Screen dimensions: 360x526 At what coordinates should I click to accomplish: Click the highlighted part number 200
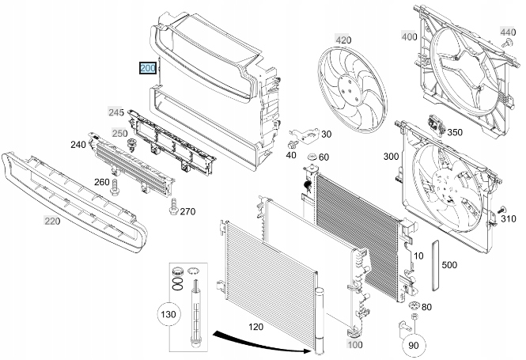(x=148, y=69)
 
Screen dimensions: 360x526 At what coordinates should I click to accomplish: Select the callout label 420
(x=343, y=40)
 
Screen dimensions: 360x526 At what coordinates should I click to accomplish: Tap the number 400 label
(x=410, y=36)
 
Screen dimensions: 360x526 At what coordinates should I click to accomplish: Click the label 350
(x=454, y=133)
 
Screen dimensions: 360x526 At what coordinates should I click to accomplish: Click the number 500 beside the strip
(x=449, y=264)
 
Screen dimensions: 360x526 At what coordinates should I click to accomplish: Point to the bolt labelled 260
(x=116, y=188)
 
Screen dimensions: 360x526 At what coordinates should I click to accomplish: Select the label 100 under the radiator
(x=355, y=345)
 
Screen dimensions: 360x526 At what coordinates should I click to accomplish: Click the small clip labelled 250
(x=132, y=145)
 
